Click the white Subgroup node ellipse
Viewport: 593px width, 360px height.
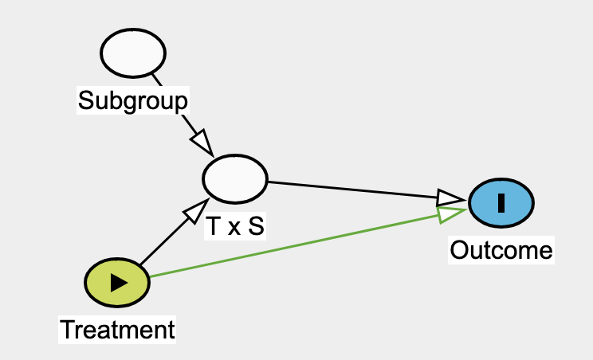coord(133,53)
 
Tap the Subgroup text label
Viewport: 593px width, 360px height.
coord(133,100)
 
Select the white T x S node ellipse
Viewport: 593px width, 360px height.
coord(235,179)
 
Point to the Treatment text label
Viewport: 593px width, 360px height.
coord(117,329)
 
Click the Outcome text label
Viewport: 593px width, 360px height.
coord(501,250)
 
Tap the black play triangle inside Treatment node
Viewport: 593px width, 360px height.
coord(118,282)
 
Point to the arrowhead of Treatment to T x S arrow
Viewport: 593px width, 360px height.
coord(194,212)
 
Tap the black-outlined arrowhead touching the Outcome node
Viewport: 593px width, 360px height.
coord(450,197)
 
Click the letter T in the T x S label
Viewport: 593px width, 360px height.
coord(213,227)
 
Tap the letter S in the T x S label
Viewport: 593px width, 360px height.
coord(255,227)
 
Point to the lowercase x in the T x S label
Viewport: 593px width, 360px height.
coord(234,229)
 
